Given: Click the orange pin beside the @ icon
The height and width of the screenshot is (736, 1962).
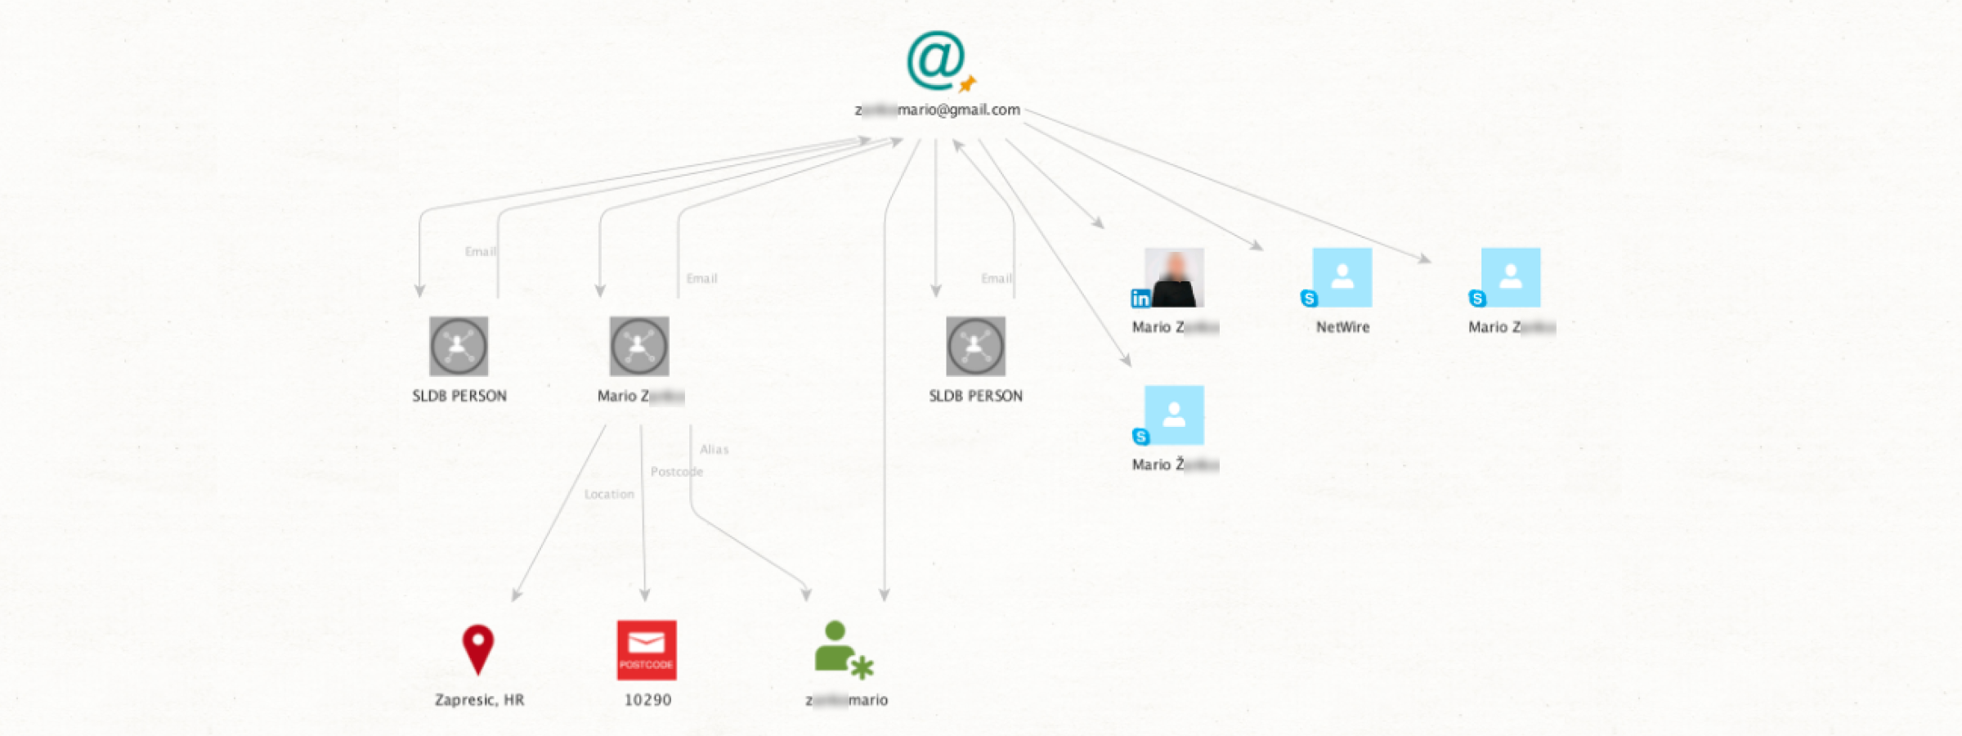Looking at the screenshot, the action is click(x=968, y=83).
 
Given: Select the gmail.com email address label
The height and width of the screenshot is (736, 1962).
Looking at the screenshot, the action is click(x=938, y=110).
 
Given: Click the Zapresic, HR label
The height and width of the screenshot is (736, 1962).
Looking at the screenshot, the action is click(x=479, y=700).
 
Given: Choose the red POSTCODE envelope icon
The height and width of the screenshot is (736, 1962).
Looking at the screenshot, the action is click(x=646, y=649).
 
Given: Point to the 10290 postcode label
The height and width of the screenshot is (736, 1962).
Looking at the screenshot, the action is click(x=647, y=700).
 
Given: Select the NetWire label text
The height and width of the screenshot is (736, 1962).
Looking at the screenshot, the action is click(x=1342, y=327).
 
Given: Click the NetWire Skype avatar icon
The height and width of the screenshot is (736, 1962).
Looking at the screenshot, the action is click(x=1342, y=277).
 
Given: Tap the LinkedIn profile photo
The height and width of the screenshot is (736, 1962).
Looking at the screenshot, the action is click(x=1174, y=277).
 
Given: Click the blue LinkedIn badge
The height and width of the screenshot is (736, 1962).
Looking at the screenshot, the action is click(x=1140, y=298).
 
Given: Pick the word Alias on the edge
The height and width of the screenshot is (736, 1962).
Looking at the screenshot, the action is click(x=714, y=449).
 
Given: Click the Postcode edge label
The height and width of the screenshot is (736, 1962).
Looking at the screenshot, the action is click(x=676, y=472).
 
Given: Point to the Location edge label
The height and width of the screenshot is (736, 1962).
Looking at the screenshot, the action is click(x=609, y=494).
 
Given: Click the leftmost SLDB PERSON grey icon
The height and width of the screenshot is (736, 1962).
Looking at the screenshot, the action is click(x=459, y=346).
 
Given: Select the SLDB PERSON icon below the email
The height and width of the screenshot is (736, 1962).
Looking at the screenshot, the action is click(x=975, y=346).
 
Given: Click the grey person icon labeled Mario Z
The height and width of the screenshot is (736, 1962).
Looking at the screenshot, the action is click(x=638, y=346).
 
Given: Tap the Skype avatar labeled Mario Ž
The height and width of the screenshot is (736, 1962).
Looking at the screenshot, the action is click(x=1174, y=415).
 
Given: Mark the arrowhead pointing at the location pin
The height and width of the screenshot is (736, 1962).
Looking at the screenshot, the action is click(x=516, y=595).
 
